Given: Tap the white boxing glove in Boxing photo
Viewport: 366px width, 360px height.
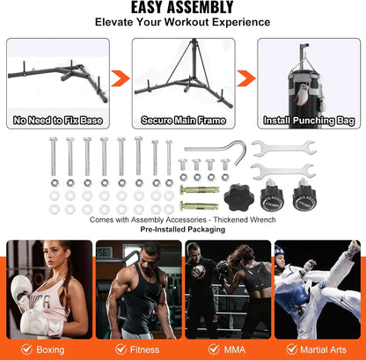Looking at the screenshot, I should coord(26,315).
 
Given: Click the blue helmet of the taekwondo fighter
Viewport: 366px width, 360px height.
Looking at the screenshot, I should coord(281,253).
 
